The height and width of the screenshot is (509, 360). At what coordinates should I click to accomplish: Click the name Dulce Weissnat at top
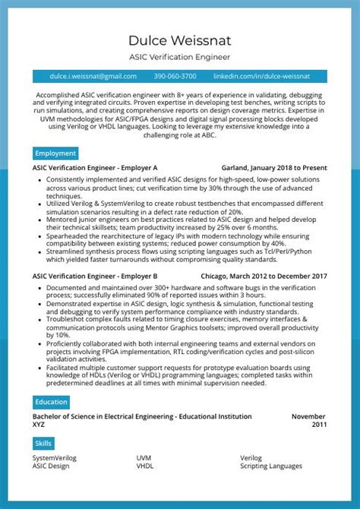(179, 40)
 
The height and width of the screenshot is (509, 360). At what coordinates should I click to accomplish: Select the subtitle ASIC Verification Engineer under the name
(179, 57)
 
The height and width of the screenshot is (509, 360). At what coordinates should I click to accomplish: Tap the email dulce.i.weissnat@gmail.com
(93, 76)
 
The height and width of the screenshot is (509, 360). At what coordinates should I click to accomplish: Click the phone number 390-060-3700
(175, 76)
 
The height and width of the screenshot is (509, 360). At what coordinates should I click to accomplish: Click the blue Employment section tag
(55, 153)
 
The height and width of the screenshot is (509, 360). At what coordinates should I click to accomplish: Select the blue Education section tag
(52, 402)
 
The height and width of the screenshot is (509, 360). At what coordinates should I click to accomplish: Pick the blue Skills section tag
(43, 443)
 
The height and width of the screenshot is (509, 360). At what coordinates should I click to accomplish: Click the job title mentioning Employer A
(95, 167)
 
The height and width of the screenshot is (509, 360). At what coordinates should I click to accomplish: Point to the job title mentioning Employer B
(95, 276)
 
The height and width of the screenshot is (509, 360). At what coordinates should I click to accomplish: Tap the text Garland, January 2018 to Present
(273, 167)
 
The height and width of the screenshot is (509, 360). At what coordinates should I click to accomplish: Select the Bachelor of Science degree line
(142, 416)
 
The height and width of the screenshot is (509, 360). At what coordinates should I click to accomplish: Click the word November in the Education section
(308, 416)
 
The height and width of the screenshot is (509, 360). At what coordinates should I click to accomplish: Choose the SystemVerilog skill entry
(54, 458)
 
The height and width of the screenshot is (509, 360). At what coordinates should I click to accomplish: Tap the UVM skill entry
(144, 458)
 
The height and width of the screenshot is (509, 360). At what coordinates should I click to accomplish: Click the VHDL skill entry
(144, 466)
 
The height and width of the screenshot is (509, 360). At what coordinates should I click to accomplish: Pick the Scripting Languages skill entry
(271, 466)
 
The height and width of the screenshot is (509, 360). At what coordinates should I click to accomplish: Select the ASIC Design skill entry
(51, 466)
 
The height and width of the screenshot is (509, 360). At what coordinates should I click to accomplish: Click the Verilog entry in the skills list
(251, 458)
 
